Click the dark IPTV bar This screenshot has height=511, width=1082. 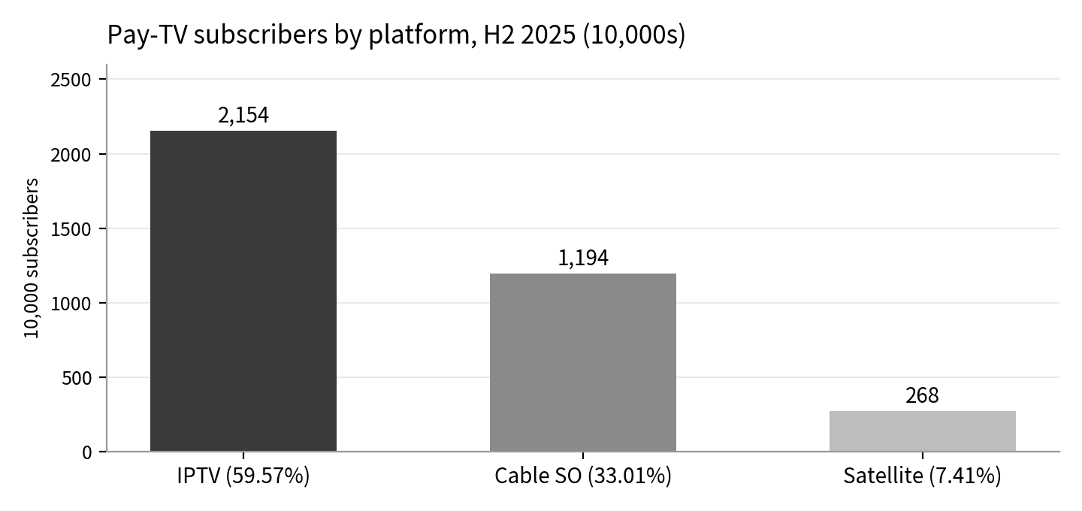pyautogui.click(x=243, y=292)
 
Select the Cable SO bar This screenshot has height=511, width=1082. pyautogui.click(x=583, y=363)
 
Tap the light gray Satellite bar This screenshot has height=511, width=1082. pyautogui.click(x=923, y=431)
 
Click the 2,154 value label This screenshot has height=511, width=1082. pyautogui.click(x=243, y=116)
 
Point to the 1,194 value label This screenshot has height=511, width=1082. pyautogui.click(x=583, y=259)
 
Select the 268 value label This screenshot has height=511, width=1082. pyautogui.click(x=922, y=395)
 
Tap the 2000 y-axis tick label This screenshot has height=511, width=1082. pyautogui.click(x=71, y=155)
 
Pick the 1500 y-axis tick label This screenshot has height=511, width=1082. pyautogui.click(x=71, y=229)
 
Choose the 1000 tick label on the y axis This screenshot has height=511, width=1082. pyautogui.click(x=71, y=304)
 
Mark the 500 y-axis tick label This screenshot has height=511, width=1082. pyautogui.click(x=77, y=378)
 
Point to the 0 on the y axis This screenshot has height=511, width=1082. pyautogui.click(x=87, y=453)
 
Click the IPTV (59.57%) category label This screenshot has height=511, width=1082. pyautogui.click(x=243, y=476)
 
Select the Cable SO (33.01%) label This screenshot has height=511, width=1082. pyautogui.click(x=583, y=476)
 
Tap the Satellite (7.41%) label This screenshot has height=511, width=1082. pyautogui.click(x=922, y=476)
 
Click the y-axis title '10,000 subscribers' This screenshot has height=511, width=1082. pyautogui.click(x=32, y=259)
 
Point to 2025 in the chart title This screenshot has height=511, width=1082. pyautogui.click(x=549, y=35)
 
